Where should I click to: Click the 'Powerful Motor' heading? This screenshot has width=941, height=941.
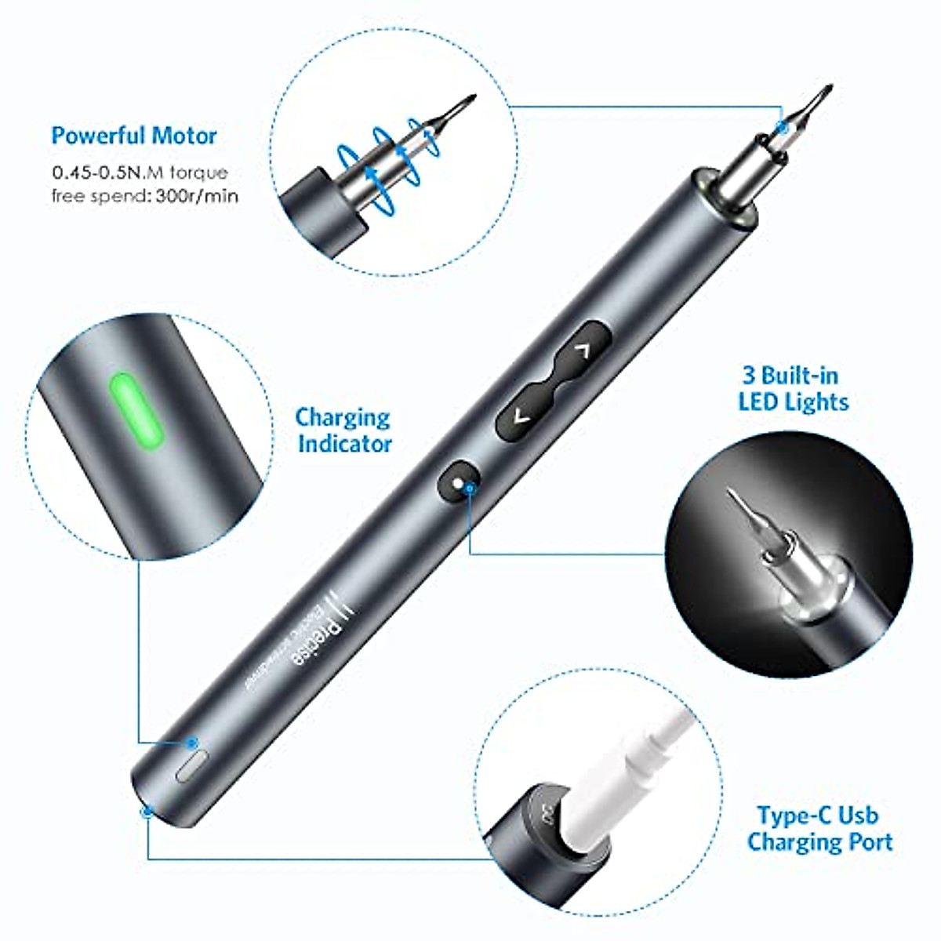134,136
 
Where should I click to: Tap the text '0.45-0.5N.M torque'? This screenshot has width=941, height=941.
140,173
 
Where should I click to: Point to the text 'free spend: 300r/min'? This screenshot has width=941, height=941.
145,195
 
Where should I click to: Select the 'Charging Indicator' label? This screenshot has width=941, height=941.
343,431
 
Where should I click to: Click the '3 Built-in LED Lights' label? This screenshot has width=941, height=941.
793,389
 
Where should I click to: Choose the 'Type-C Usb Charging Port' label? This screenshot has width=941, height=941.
819,829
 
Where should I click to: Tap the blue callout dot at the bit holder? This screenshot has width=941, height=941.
781,126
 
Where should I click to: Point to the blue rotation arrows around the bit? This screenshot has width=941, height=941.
384,157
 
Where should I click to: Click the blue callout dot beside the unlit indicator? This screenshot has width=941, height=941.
191,742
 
